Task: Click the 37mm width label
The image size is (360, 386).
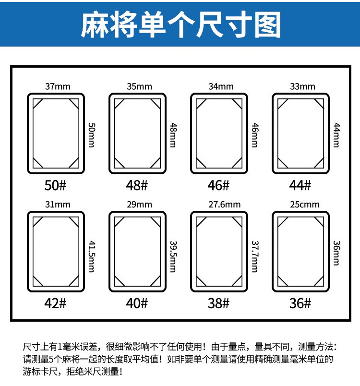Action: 58,87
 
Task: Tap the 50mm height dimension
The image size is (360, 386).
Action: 91,134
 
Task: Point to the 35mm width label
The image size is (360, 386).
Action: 139,87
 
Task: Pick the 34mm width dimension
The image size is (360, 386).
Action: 221,87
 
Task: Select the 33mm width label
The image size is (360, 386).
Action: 302,87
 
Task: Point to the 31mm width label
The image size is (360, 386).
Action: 58,205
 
